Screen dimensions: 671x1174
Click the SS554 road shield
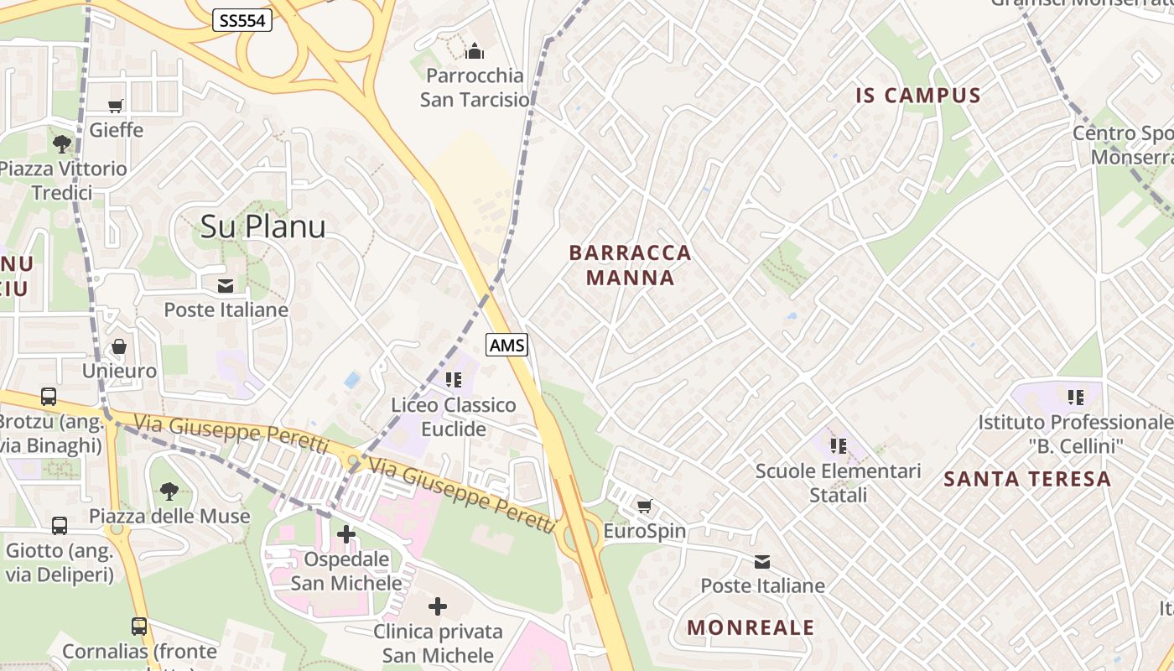(242, 20)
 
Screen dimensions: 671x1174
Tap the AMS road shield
(507, 345)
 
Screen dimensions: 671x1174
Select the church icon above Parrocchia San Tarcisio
(475, 52)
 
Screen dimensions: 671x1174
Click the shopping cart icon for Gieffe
(116, 106)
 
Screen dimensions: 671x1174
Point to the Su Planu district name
(262, 226)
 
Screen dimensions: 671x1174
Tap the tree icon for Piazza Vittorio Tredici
(62, 144)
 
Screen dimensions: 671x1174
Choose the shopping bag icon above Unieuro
(119, 346)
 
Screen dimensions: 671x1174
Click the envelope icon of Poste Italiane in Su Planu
(226, 286)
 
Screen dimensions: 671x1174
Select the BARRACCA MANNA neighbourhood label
(630, 265)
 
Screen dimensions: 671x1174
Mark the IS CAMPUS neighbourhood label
(918, 96)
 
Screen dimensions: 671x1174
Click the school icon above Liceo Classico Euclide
(454, 380)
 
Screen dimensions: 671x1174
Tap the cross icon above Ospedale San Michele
(346, 533)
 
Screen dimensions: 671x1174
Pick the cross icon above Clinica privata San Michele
(438, 606)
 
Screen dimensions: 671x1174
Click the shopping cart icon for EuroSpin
(644, 506)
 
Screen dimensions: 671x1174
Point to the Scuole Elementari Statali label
(838, 483)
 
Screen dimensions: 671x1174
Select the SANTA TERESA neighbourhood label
(1027, 479)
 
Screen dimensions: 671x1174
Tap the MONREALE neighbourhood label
(751, 627)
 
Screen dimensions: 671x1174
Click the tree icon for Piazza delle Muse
(169, 492)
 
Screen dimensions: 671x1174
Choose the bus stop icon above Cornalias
(139, 626)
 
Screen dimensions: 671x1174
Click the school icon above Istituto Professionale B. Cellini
(1076, 397)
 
